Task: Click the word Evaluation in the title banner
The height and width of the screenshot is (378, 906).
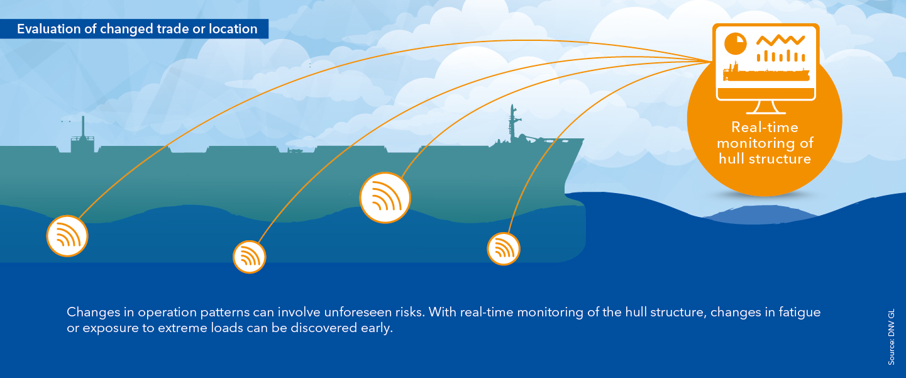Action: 48,29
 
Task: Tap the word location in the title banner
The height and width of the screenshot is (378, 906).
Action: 233,29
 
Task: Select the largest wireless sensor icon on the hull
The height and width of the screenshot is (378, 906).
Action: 385,197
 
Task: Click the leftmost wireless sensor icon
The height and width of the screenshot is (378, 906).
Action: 67,236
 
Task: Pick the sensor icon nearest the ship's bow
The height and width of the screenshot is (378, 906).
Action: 504,249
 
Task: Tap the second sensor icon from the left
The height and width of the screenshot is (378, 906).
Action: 249,257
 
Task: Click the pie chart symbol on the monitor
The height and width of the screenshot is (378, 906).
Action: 735,43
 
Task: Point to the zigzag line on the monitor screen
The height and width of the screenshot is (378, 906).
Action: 780,40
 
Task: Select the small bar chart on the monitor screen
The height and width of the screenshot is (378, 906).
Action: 781,56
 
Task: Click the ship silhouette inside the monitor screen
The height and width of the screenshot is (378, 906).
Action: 766,72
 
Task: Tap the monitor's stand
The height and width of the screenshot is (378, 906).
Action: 766,108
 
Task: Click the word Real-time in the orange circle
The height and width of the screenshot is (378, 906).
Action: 765,128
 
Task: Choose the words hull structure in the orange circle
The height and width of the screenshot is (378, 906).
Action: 765,158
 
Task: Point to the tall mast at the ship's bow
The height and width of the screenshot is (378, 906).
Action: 512,123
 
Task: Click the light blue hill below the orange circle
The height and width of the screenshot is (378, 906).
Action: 760,214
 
